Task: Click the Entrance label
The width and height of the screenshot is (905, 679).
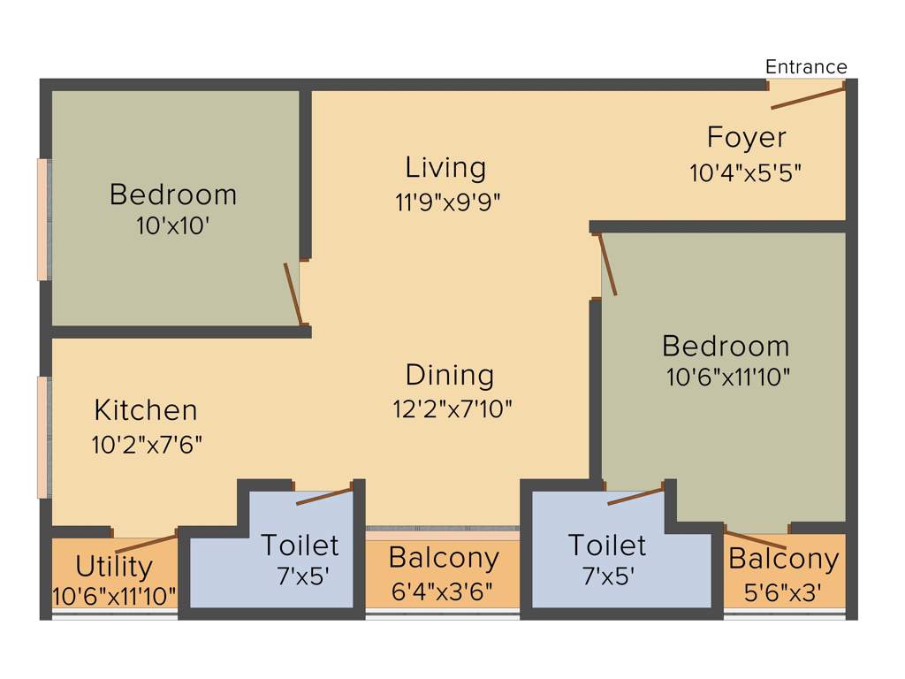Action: tap(805, 67)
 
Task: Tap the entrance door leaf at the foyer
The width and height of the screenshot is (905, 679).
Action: tap(808, 97)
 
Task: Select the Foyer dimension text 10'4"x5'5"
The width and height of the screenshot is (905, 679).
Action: tap(745, 172)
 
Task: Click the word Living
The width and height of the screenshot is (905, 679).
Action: tap(445, 167)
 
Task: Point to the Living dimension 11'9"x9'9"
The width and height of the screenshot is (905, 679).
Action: tap(448, 201)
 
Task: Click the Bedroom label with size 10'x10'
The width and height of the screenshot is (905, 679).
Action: tap(173, 195)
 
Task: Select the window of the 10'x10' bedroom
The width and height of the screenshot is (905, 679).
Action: tap(43, 219)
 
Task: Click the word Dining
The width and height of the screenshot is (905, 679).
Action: tap(450, 375)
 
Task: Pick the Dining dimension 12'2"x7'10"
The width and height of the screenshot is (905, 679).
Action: tap(452, 408)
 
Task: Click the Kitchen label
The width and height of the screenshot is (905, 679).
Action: tap(146, 410)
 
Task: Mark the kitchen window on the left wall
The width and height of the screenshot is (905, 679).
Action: tap(43, 437)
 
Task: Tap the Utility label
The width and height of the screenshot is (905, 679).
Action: tap(114, 566)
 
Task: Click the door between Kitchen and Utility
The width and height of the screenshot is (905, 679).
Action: tap(146, 543)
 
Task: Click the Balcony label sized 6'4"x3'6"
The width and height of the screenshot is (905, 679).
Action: tap(444, 558)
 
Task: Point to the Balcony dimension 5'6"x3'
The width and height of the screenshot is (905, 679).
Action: tap(781, 592)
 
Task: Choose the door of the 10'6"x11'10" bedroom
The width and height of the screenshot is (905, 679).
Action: tap(608, 263)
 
